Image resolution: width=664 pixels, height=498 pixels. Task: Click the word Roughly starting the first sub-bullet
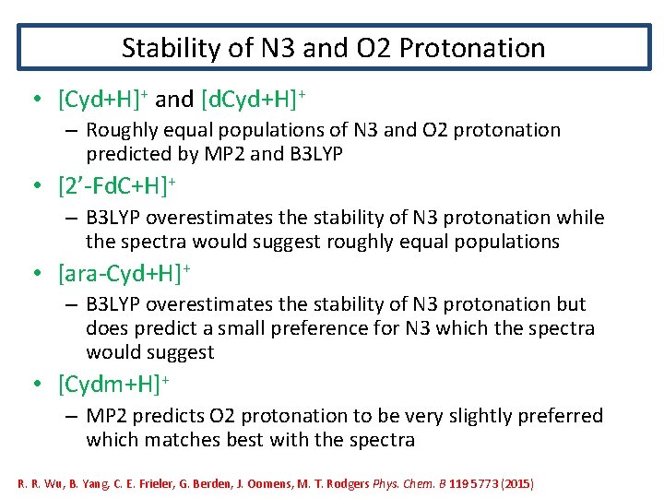click(121, 131)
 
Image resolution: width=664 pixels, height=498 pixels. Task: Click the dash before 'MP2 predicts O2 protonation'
click(70, 417)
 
